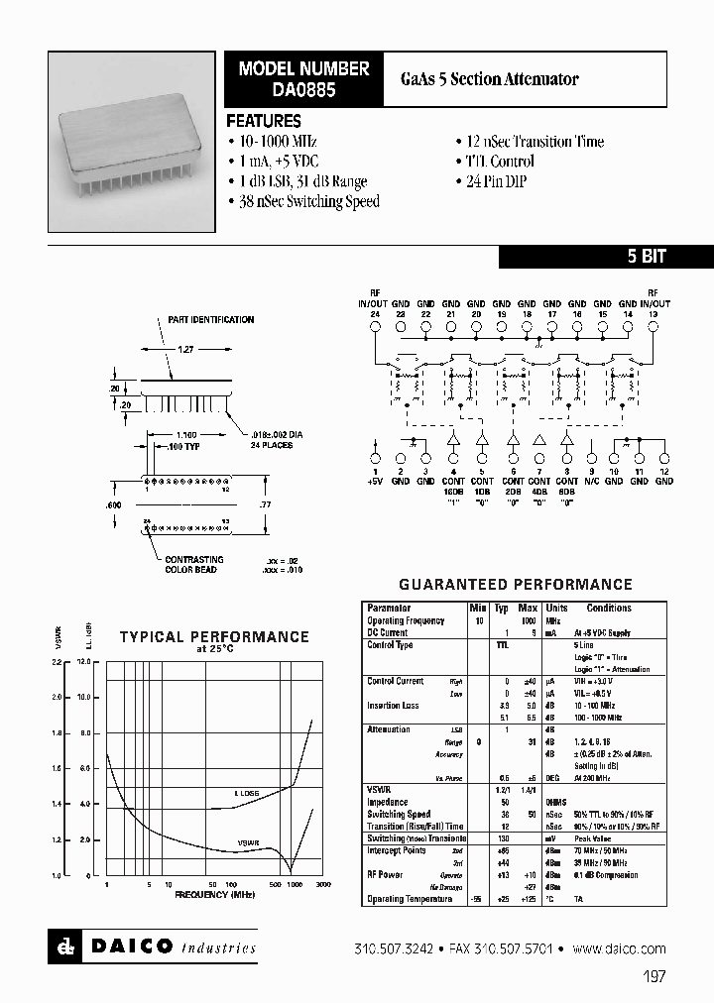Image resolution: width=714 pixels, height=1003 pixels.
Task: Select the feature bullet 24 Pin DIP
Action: click(496, 181)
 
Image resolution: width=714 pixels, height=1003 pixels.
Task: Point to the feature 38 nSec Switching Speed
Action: click(308, 201)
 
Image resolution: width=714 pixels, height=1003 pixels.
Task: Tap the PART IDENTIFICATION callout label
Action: click(210, 319)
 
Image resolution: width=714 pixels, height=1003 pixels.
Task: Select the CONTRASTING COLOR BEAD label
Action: click(194, 565)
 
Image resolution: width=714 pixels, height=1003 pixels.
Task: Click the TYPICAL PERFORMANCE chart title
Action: click(214, 637)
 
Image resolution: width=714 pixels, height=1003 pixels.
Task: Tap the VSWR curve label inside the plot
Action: click(248, 841)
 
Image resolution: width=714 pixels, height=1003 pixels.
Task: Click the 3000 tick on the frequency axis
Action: click(322, 884)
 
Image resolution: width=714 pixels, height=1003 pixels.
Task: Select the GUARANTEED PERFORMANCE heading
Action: click(515, 585)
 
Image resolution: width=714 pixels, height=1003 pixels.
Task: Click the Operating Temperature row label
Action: click(410, 899)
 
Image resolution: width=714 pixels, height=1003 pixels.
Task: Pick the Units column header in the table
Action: click(556, 608)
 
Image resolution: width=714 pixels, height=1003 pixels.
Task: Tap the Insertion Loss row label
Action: click(393, 706)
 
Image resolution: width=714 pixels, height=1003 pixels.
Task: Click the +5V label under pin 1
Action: click(376, 481)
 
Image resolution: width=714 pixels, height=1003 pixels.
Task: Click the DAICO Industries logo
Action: click(153, 947)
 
